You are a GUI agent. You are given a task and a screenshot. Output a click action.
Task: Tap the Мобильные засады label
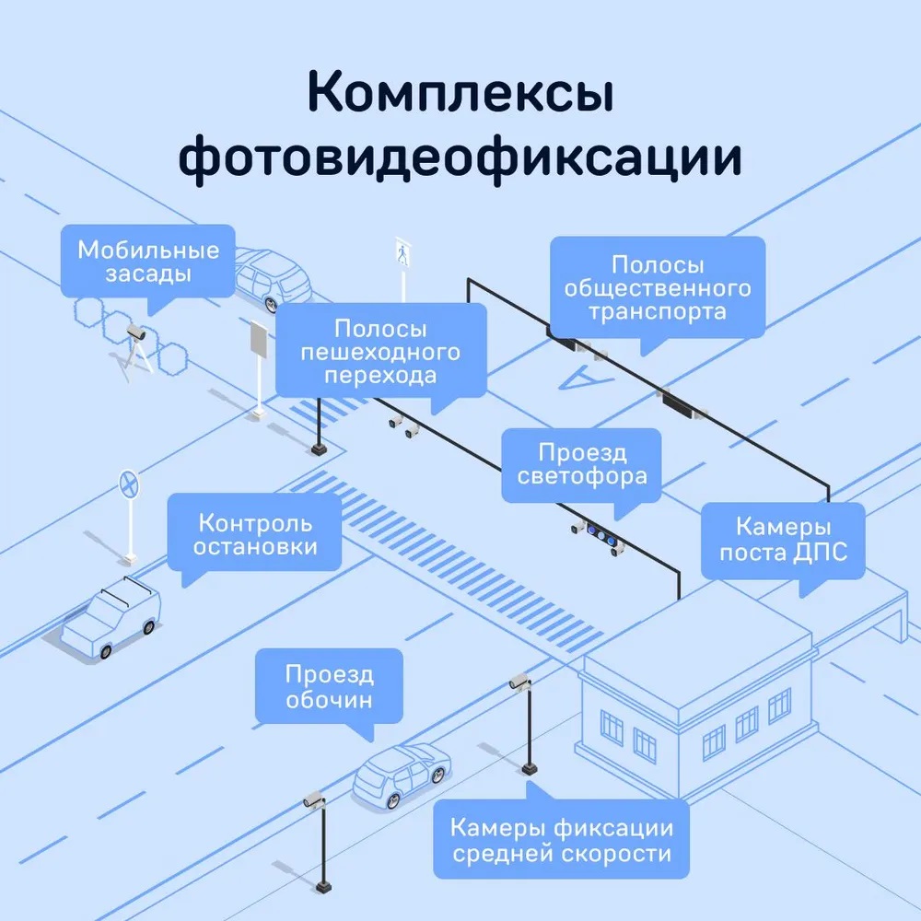[x=148, y=262]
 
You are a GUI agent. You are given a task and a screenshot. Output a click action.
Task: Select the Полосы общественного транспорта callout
[x=658, y=288]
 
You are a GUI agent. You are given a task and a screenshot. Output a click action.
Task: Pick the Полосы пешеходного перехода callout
[x=380, y=352]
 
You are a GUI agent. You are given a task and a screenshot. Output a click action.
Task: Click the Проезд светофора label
[x=581, y=465]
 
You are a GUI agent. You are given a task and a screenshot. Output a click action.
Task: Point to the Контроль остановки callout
[x=255, y=535]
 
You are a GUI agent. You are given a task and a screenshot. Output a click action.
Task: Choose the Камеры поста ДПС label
[x=783, y=540]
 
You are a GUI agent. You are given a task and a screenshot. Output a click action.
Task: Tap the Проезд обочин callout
[x=329, y=687]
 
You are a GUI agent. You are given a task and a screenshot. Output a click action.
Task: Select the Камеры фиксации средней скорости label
[x=560, y=841]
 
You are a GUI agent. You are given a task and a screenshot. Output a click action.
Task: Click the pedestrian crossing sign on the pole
[x=402, y=251]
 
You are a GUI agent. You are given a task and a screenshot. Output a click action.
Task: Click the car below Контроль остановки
[x=111, y=616]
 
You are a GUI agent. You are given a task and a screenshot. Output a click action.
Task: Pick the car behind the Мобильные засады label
[x=273, y=276]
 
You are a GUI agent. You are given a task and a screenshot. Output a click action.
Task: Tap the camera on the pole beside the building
[x=520, y=682]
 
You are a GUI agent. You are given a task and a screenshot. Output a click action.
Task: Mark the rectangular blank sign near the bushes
[x=258, y=340]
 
